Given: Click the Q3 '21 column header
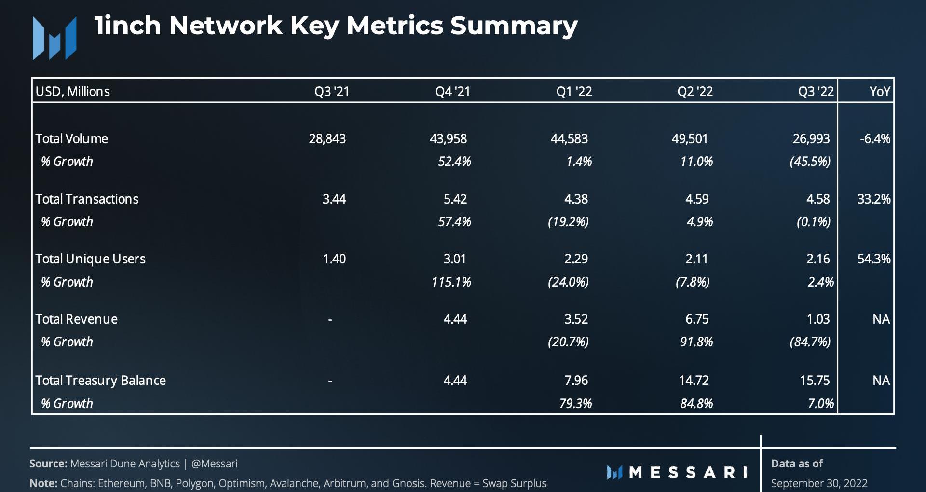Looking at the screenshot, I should pyautogui.click(x=332, y=91).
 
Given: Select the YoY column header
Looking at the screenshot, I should pyautogui.click(x=879, y=91).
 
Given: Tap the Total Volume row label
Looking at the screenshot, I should pyautogui.click(x=71, y=139).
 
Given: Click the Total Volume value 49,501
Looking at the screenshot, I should pyautogui.click(x=690, y=139).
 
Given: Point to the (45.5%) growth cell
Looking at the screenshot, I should pyautogui.click(x=810, y=162).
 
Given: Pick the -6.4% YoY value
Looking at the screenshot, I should pyautogui.click(x=875, y=139).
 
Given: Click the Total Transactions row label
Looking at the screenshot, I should pyautogui.click(x=87, y=199).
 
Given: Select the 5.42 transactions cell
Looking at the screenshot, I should pyautogui.click(x=455, y=199).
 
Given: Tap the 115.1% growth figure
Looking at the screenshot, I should pyautogui.click(x=451, y=282).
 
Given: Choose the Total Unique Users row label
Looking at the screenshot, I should pyautogui.click(x=90, y=259).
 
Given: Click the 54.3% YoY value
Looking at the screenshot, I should pyautogui.click(x=873, y=259).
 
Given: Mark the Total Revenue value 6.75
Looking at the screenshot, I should pyautogui.click(x=697, y=319).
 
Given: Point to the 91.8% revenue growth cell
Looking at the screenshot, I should pyautogui.click(x=696, y=342).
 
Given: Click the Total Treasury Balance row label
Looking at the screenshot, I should pyautogui.click(x=100, y=381).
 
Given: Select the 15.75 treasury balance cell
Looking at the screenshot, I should pyautogui.click(x=815, y=381).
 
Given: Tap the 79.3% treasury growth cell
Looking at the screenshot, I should pyautogui.click(x=575, y=403).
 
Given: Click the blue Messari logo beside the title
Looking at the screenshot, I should pyautogui.click(x=54, y=38).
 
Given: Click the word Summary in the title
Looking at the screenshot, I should pyautogui.click(x=514, y=26).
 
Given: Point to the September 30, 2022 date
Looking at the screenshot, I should pyautogui.click(x=819, y=483).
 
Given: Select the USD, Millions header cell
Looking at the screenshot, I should pyautogui.click(x=73, y=91).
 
